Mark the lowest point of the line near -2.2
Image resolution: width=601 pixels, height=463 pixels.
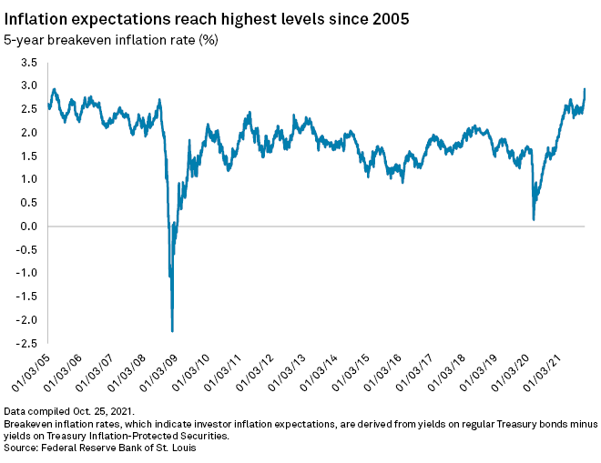pyautogui.click(x=172, y=331)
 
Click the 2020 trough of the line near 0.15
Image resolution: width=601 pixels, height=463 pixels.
pyautogui.click(x=533, y=219)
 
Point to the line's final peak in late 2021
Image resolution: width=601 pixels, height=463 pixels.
pyautogui.click(x=584, y=89)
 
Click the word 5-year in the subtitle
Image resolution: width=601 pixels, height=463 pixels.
pyautogui.click(x=25, y=39)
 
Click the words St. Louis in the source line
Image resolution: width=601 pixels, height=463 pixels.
pyautogui.click(x=174, y=447)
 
